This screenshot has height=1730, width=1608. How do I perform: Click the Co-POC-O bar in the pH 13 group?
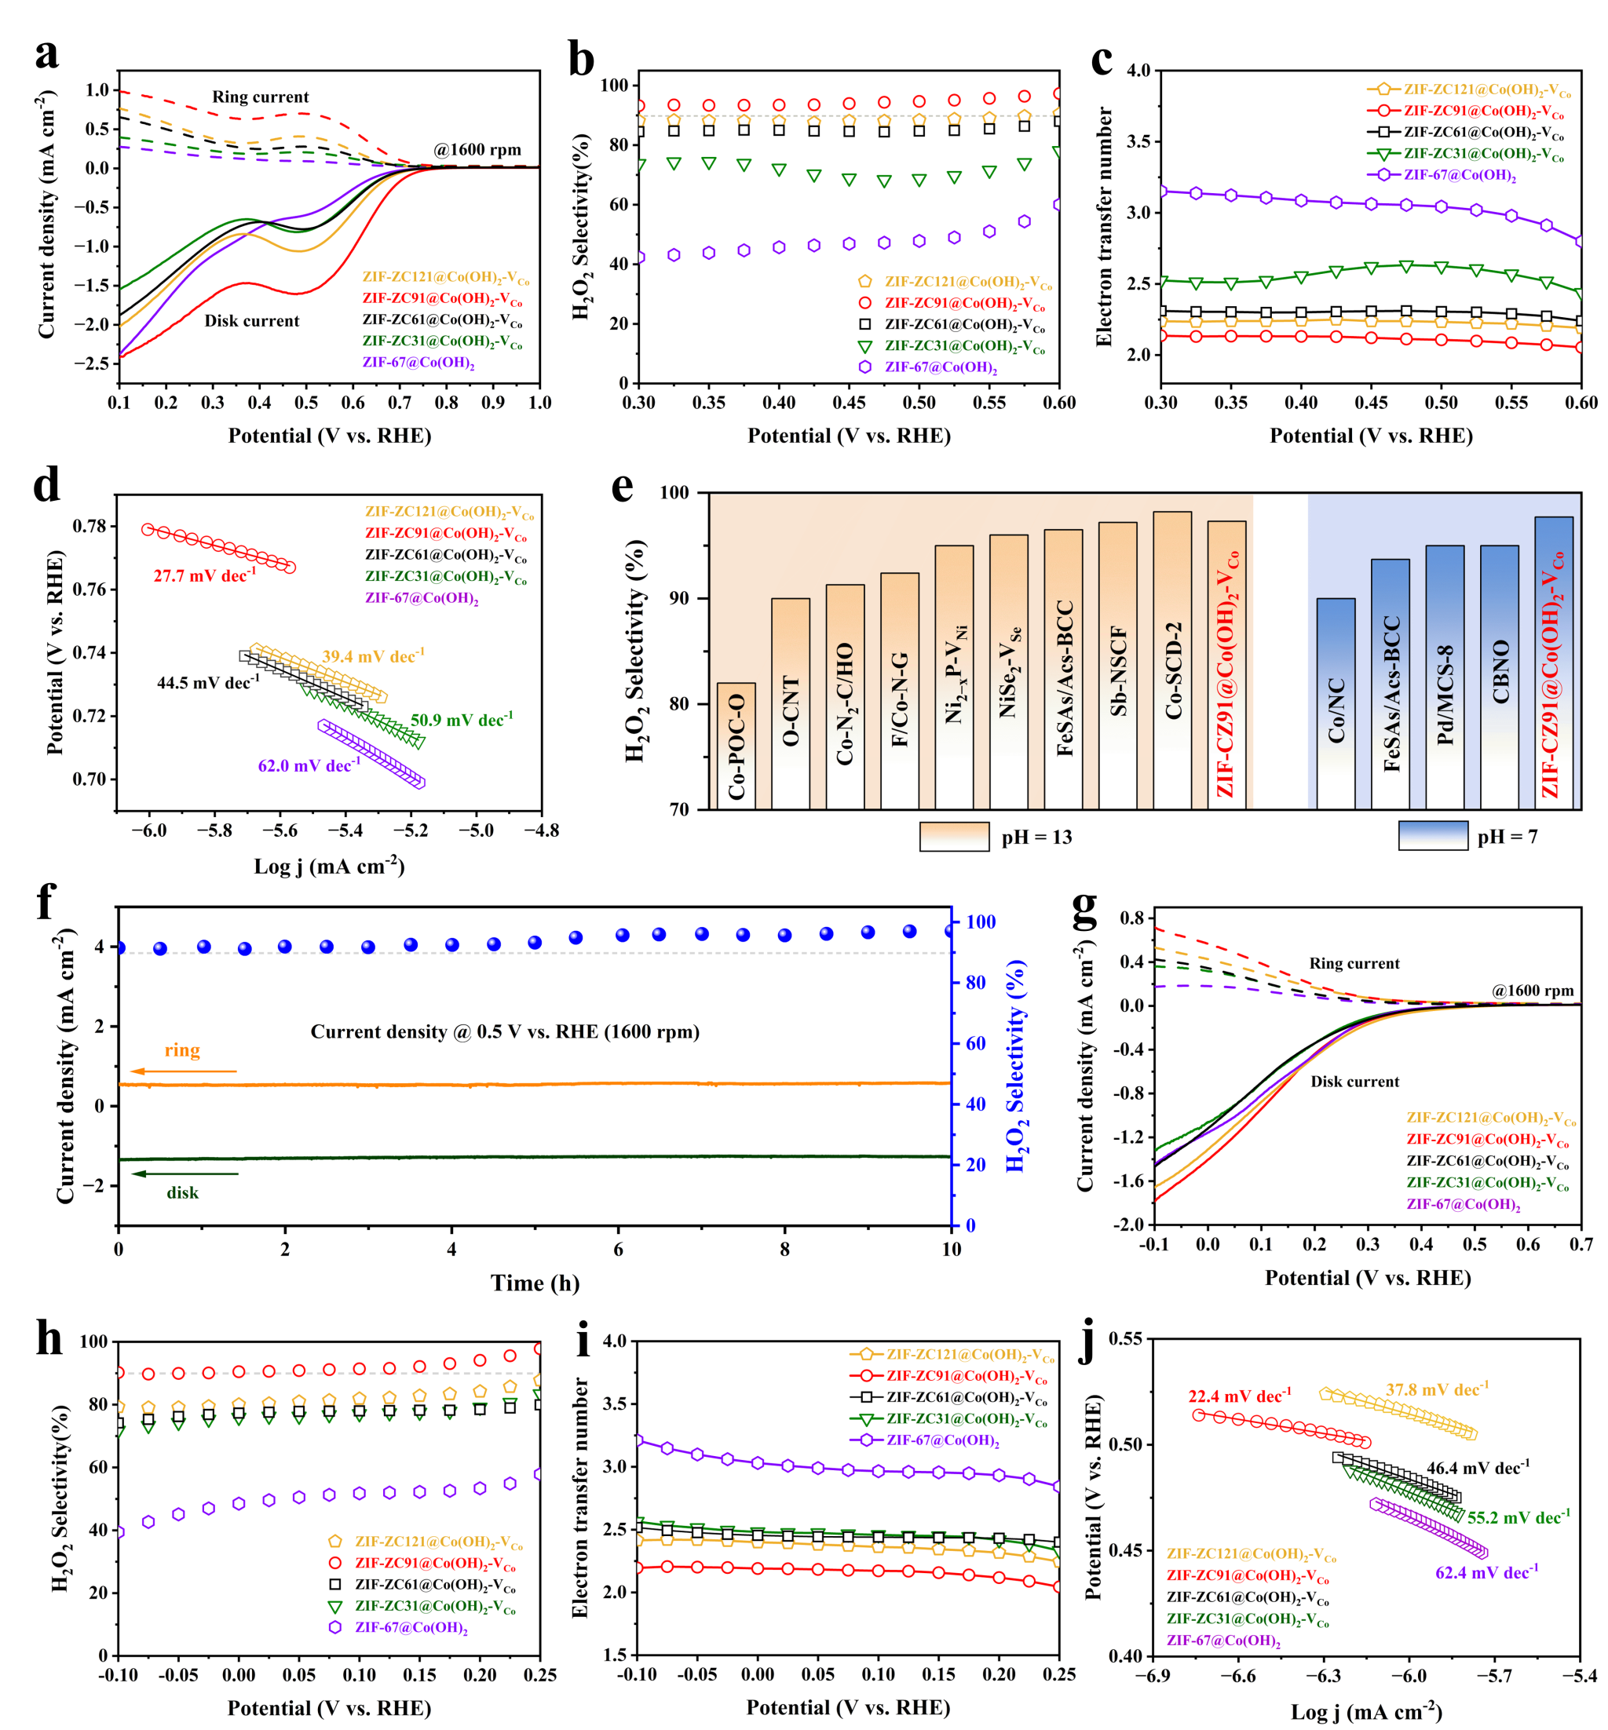[x=736, y=746]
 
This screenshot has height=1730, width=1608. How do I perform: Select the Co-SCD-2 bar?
[x=1172, y=661]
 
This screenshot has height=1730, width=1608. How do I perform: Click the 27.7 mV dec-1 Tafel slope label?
[x=204, y=575]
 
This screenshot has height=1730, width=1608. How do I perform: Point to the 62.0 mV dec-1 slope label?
[x=309, y=765]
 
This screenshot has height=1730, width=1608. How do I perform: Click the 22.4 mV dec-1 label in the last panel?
[x=1239, y=1396]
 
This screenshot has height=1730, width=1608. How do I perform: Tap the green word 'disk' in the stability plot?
[x=183, y=1192]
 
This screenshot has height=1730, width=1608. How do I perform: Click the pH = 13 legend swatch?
[x=954, y=837]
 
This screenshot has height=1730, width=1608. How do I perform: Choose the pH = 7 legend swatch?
[x=1432, y=836]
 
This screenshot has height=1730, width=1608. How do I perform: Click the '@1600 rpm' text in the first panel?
[x=477, y=150]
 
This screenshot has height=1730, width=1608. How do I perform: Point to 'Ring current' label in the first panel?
[x=260, y=97]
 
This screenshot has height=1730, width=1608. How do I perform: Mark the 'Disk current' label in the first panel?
[x=251, y=321]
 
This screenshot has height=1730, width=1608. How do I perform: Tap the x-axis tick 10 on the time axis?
[x=951, y=1250]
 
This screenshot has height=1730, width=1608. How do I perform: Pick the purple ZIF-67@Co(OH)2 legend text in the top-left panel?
[x=418, y=363]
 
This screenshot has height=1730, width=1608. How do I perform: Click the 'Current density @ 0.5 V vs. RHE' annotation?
[x=505, y=1031]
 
